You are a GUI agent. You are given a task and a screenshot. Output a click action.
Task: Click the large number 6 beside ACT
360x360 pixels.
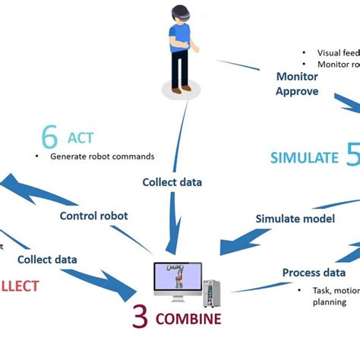coord(50,137)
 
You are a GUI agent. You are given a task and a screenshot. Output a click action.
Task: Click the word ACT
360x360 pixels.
coord(81,139)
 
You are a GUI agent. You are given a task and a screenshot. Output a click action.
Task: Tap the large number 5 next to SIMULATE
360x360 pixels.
coord(352,156)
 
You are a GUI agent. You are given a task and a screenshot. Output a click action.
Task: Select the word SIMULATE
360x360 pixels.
coord(304,158)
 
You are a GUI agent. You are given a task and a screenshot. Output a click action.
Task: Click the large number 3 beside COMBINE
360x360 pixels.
coord(140,317)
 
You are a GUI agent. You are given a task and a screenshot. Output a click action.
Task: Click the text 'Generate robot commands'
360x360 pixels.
coord(103,156)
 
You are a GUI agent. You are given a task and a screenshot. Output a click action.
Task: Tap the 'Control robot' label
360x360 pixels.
coord(93,216)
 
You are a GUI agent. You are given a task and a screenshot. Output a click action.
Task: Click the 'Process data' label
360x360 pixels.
coord(314,273)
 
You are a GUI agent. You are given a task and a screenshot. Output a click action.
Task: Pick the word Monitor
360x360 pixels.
coord(296,76)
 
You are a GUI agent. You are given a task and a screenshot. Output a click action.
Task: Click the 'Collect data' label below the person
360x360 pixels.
coord(172,182)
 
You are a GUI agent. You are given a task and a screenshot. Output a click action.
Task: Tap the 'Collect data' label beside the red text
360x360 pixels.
coord(47,259)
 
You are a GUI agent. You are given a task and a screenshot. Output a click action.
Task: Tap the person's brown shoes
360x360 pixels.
coord(181,89)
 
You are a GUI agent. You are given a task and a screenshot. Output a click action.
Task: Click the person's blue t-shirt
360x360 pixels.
coord(179,38)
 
